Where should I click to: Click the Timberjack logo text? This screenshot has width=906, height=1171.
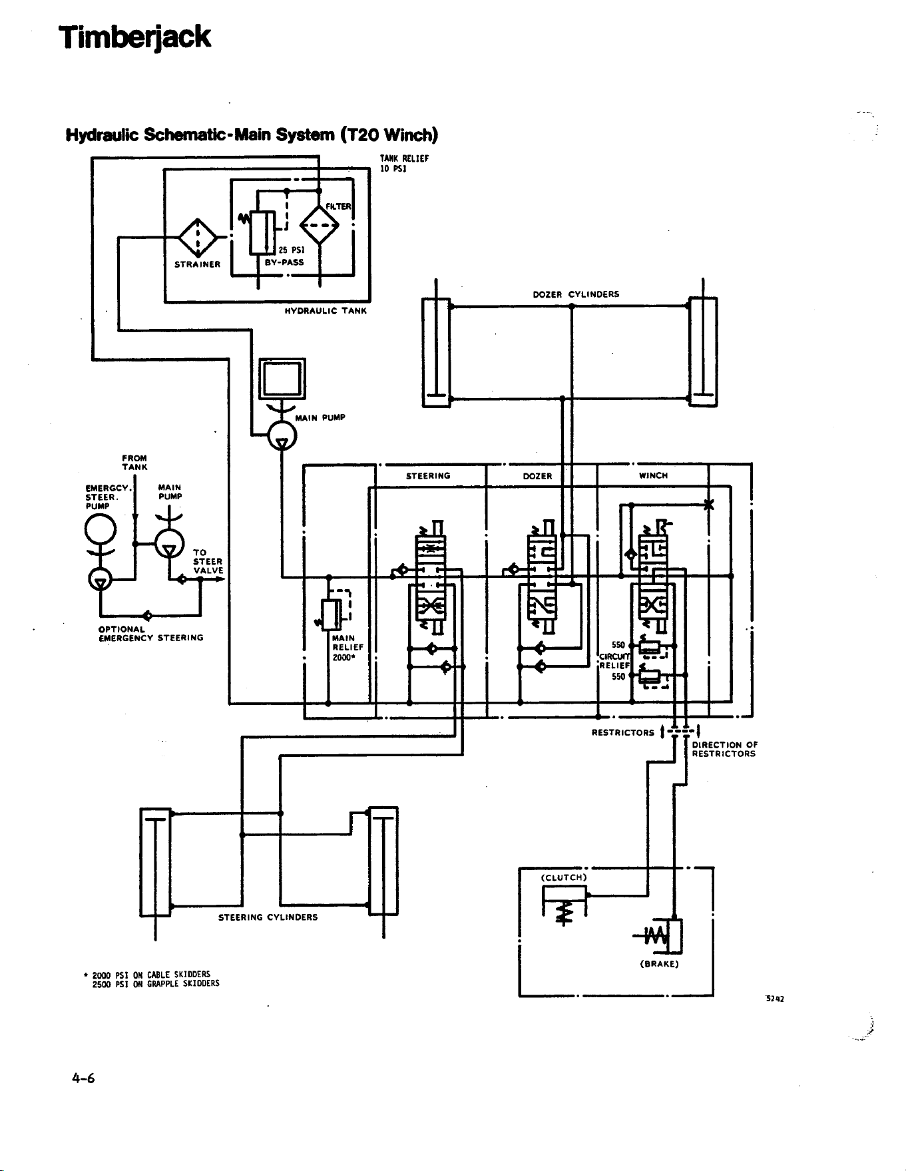134,37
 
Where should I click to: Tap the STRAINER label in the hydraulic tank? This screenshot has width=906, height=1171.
197,264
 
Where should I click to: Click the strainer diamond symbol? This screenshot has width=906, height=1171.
197,236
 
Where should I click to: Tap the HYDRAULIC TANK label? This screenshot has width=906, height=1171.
326,311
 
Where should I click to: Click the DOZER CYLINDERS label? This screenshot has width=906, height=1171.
576,294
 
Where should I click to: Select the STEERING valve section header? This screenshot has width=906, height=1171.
428,476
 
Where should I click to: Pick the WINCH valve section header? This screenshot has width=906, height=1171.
653,475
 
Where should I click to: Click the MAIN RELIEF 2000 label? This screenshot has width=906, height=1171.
348,647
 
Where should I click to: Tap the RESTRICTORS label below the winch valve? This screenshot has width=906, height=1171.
623,733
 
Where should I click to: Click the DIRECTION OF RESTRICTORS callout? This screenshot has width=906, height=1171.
724,750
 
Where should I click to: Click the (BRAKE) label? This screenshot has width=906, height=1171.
658,964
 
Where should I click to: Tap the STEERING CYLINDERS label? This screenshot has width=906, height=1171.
268,917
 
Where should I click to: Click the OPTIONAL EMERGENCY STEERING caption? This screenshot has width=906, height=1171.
150,634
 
